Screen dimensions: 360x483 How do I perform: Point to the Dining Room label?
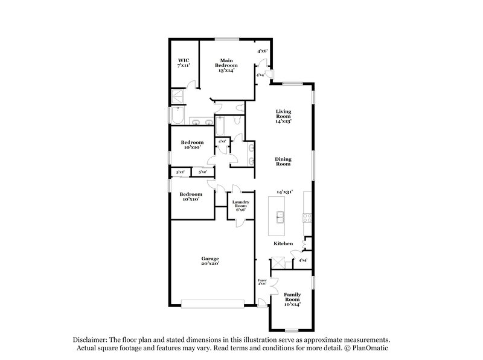point(284,162)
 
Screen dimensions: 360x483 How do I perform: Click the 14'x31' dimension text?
point(284,191)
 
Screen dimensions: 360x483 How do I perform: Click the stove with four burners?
point(307,218)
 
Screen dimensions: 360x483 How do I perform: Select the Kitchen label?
point(284,243)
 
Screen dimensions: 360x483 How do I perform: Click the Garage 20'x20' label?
point(210,261)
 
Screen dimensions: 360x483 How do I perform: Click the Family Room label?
point(292,299)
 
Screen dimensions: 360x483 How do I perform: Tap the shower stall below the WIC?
point(178,96)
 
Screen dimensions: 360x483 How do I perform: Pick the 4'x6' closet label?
point(262,51)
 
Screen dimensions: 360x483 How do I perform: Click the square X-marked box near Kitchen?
point(278,262)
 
